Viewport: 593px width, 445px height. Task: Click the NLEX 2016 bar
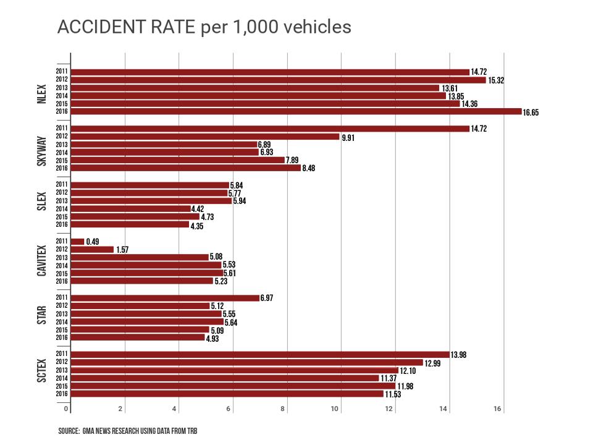point(296,111)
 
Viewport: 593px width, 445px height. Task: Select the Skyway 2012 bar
point(205,137)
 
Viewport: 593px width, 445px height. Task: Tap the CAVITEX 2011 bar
point(77,241)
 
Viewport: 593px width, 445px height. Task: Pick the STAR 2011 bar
point(165,298)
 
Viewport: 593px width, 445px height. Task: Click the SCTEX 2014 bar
point(225,378)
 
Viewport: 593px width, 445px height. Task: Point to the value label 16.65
point(531,112)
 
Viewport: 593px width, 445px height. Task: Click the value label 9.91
point(349,137)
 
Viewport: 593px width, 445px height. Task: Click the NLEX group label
point(42,91)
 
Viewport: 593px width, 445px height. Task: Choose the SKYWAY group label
point(42,148)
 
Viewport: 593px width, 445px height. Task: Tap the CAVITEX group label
point(42,261)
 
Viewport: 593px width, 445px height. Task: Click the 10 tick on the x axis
point(336,409)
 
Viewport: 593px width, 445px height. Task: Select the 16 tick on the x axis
point(498,409)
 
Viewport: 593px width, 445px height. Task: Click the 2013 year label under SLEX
point(62,200)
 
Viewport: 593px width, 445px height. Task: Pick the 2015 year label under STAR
point(62,329)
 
